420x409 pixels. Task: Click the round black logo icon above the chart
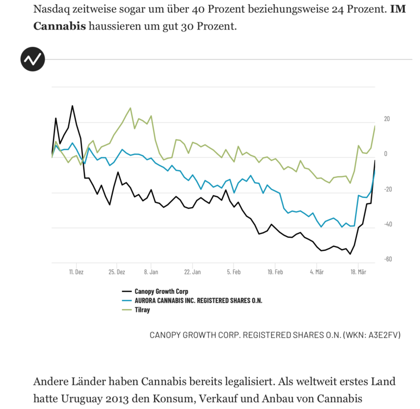pyautogui.click(x=32, y=59)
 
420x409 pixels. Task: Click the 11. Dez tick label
pyautogui.click(x=76, y=271)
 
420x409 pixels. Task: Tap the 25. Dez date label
pyautogui.click(x=117, y=271)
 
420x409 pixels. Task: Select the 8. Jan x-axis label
pyautogui.click(x=151, y=271)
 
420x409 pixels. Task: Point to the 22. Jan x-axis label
pyautogui.click(x=192, y=271)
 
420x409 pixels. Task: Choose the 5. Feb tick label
pyautogui.click(x=234, y=271)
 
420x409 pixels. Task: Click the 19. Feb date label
pyautogui.click(x=275, y=271)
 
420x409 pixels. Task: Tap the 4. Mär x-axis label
pyautogui.click(x=316, y=271)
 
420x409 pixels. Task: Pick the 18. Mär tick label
pyautogui.click(x=357, y=271)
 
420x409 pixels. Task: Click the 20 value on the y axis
pyautogui.click(x=387, y=119)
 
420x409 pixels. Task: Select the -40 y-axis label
pyautogui.click(x=387, y=224)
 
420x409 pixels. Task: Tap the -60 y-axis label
pyautogui.click(x=387, y=259)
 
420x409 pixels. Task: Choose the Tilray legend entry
pyautogui.click(x=142, y=310)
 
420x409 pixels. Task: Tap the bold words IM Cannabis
pyautogui.click(x=60, y=26)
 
